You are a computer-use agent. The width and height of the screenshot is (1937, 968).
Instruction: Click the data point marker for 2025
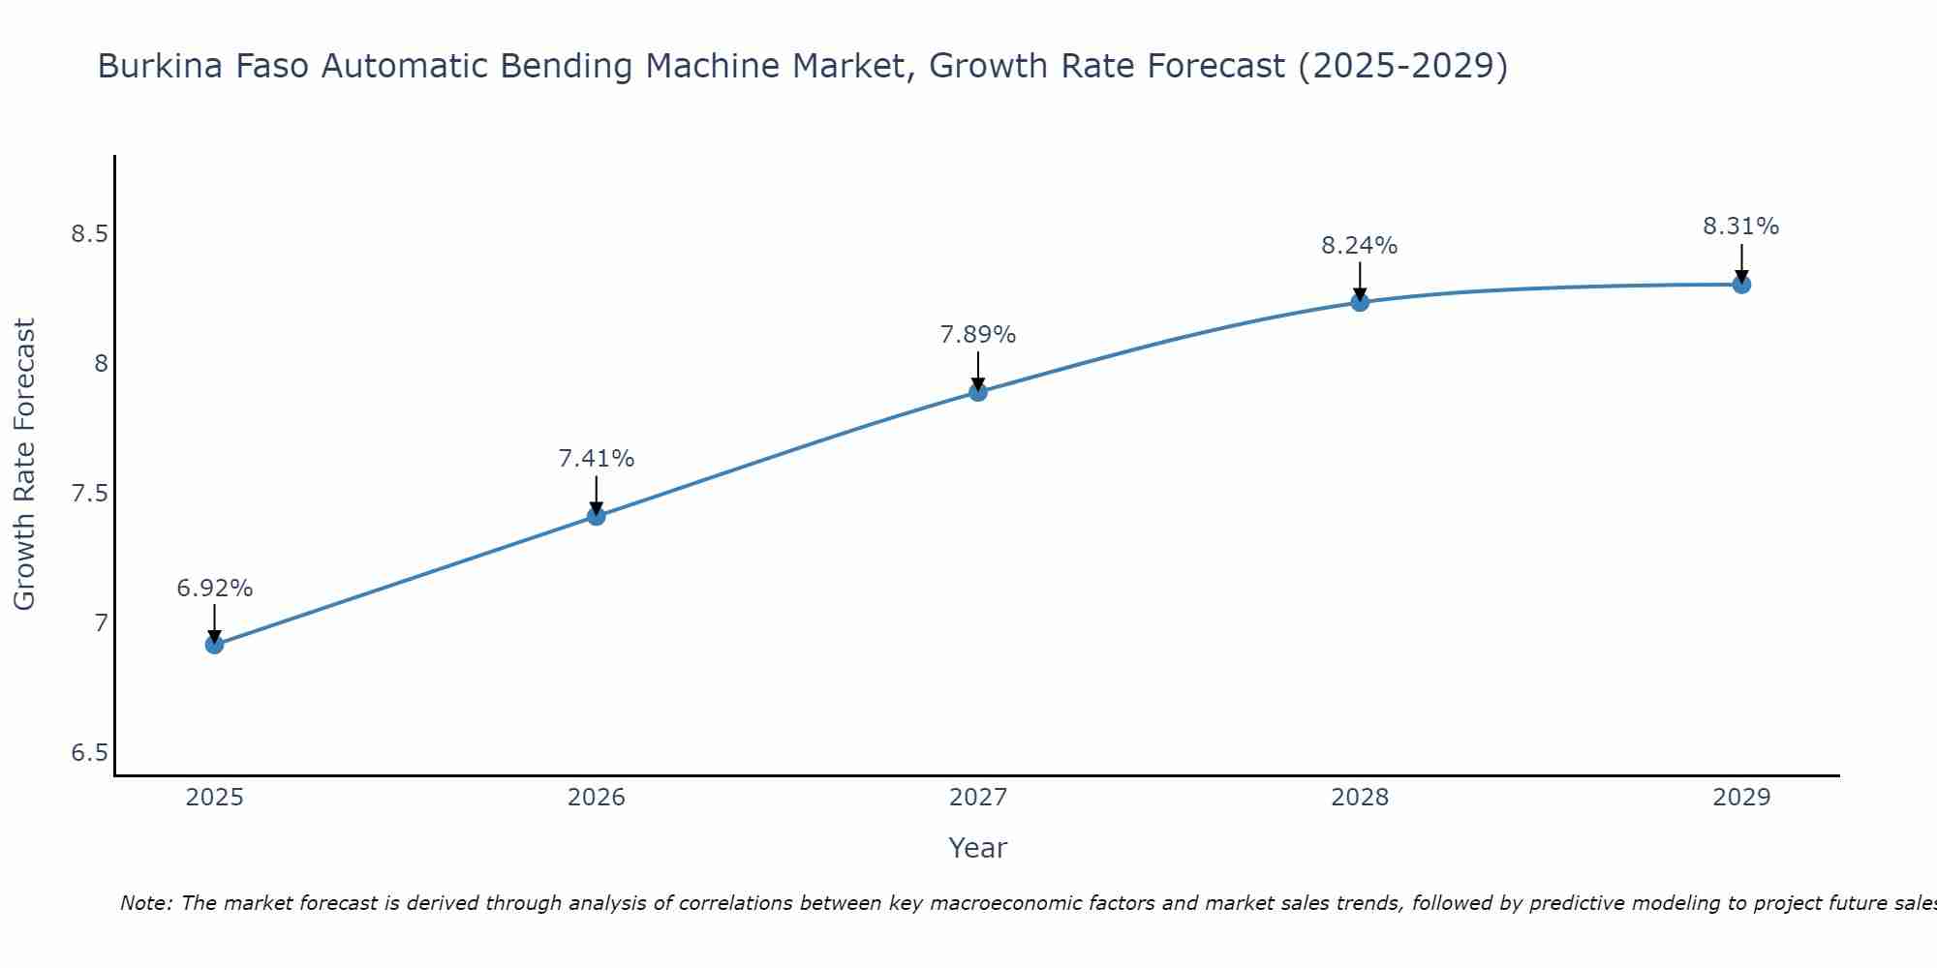click(214, 645)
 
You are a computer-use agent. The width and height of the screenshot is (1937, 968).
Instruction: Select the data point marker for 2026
click(596, 516)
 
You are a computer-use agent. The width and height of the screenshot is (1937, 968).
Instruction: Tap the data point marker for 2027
click(977, 392)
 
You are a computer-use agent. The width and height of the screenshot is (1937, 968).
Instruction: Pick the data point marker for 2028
click(1360, 302)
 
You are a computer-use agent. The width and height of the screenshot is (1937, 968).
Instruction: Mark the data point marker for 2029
click(1741, 285)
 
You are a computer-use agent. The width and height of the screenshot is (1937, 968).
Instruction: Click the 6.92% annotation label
click(214, 589)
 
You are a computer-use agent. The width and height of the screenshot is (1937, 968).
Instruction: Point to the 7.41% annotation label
click(596, 459)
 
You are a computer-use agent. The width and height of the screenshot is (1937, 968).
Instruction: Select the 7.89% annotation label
click(977, 335)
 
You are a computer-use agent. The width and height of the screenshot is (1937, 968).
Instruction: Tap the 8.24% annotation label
click(1360, 246)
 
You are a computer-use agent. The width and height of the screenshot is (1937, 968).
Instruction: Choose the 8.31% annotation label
click(1741, 227)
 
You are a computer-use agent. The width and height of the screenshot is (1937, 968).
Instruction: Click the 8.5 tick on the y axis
click(89, 234)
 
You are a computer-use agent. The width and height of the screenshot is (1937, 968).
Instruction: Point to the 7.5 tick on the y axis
click(89, 494)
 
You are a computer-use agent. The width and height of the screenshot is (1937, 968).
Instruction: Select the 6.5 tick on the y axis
click(89, 753)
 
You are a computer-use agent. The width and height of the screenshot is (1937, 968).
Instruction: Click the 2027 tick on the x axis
click(977, 798)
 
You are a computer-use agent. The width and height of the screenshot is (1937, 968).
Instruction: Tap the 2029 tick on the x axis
click(1741, 798)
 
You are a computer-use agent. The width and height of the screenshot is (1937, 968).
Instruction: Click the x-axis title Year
click(977, 848)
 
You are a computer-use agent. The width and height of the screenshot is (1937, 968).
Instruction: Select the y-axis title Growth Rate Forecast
click(25, 465)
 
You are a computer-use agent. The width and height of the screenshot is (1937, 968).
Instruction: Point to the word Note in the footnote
click(145, 903)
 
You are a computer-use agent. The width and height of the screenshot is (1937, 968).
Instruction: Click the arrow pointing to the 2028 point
click(1360, 281)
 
